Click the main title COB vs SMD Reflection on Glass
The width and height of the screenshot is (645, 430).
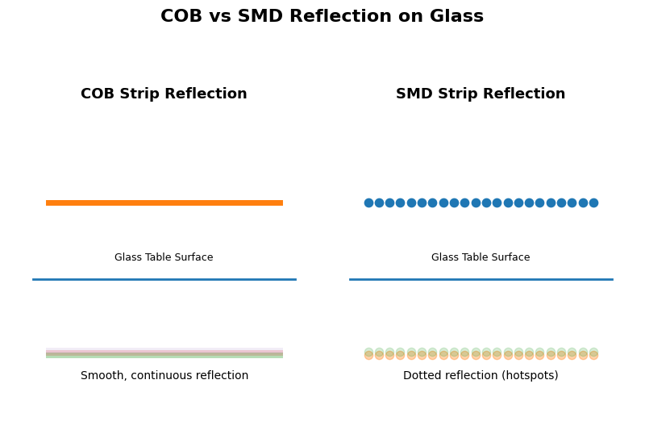coord(322,17)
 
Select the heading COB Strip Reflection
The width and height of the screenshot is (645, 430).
coord(164,94)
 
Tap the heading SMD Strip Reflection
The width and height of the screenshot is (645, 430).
coord(481,94)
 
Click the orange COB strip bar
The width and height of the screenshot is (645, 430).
coord(164,202)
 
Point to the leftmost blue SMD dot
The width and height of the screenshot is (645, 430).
coord(368,202)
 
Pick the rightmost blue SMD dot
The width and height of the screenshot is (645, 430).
coord(593,202)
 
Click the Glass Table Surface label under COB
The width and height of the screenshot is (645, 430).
coord(164,257)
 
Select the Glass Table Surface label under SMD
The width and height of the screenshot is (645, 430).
coord(481,257)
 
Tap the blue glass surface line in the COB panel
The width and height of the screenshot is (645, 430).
coord(164,279)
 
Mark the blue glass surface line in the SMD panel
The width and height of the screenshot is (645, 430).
coord(481,279)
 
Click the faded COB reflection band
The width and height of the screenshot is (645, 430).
coord(164,353)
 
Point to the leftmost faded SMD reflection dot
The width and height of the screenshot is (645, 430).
coord(368,353)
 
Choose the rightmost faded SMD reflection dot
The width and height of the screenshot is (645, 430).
coord(593,353)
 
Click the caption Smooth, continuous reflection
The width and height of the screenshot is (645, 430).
coord(164,376)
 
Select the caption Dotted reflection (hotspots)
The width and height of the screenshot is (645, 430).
coord(481,376)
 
